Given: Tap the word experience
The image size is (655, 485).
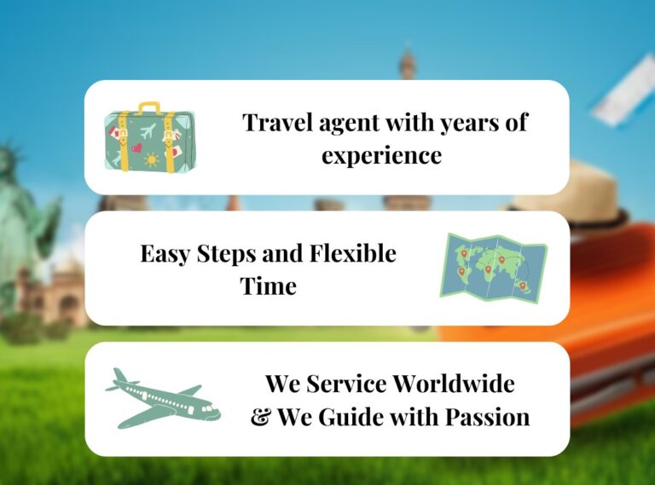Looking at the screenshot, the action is click(381, 156).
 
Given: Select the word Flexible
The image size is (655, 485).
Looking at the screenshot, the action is click(352, 253).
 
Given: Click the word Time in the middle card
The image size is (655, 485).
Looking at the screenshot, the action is click(268, 286).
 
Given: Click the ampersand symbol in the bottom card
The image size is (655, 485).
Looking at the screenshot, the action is click(261, 417).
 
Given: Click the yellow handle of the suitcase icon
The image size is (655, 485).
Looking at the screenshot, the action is click(149, 107).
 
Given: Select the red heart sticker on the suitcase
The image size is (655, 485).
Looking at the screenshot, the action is click(136, 147).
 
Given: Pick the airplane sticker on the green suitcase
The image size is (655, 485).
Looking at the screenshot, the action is click(148, 131).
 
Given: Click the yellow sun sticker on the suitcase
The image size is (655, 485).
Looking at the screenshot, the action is click(151, 159).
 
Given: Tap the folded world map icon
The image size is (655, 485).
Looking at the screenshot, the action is click(493, 268).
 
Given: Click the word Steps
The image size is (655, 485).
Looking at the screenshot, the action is click(226, 254).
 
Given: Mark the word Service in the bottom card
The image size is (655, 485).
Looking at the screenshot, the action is click(346, 384).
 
